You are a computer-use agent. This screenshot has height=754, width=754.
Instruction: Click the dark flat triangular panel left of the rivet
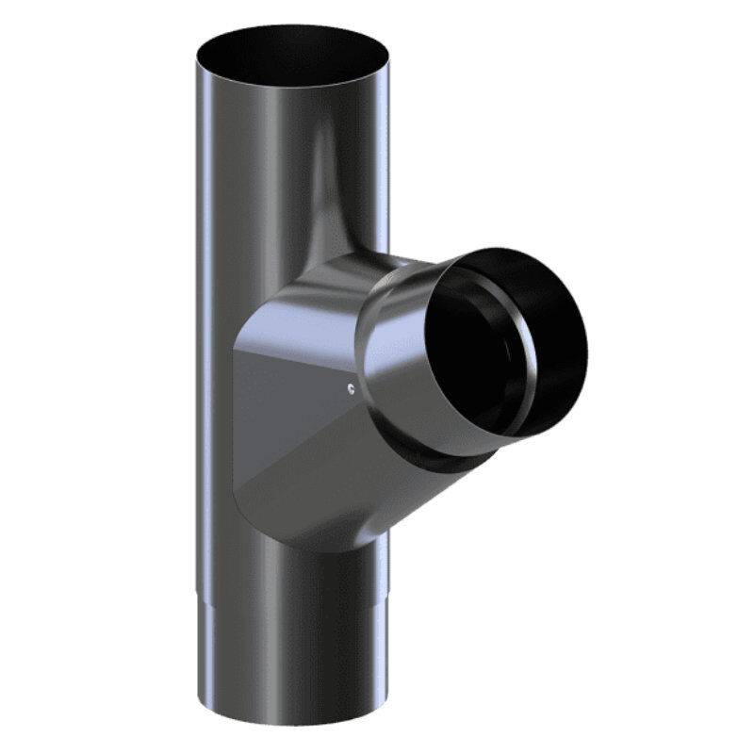[x=283, y=396]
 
